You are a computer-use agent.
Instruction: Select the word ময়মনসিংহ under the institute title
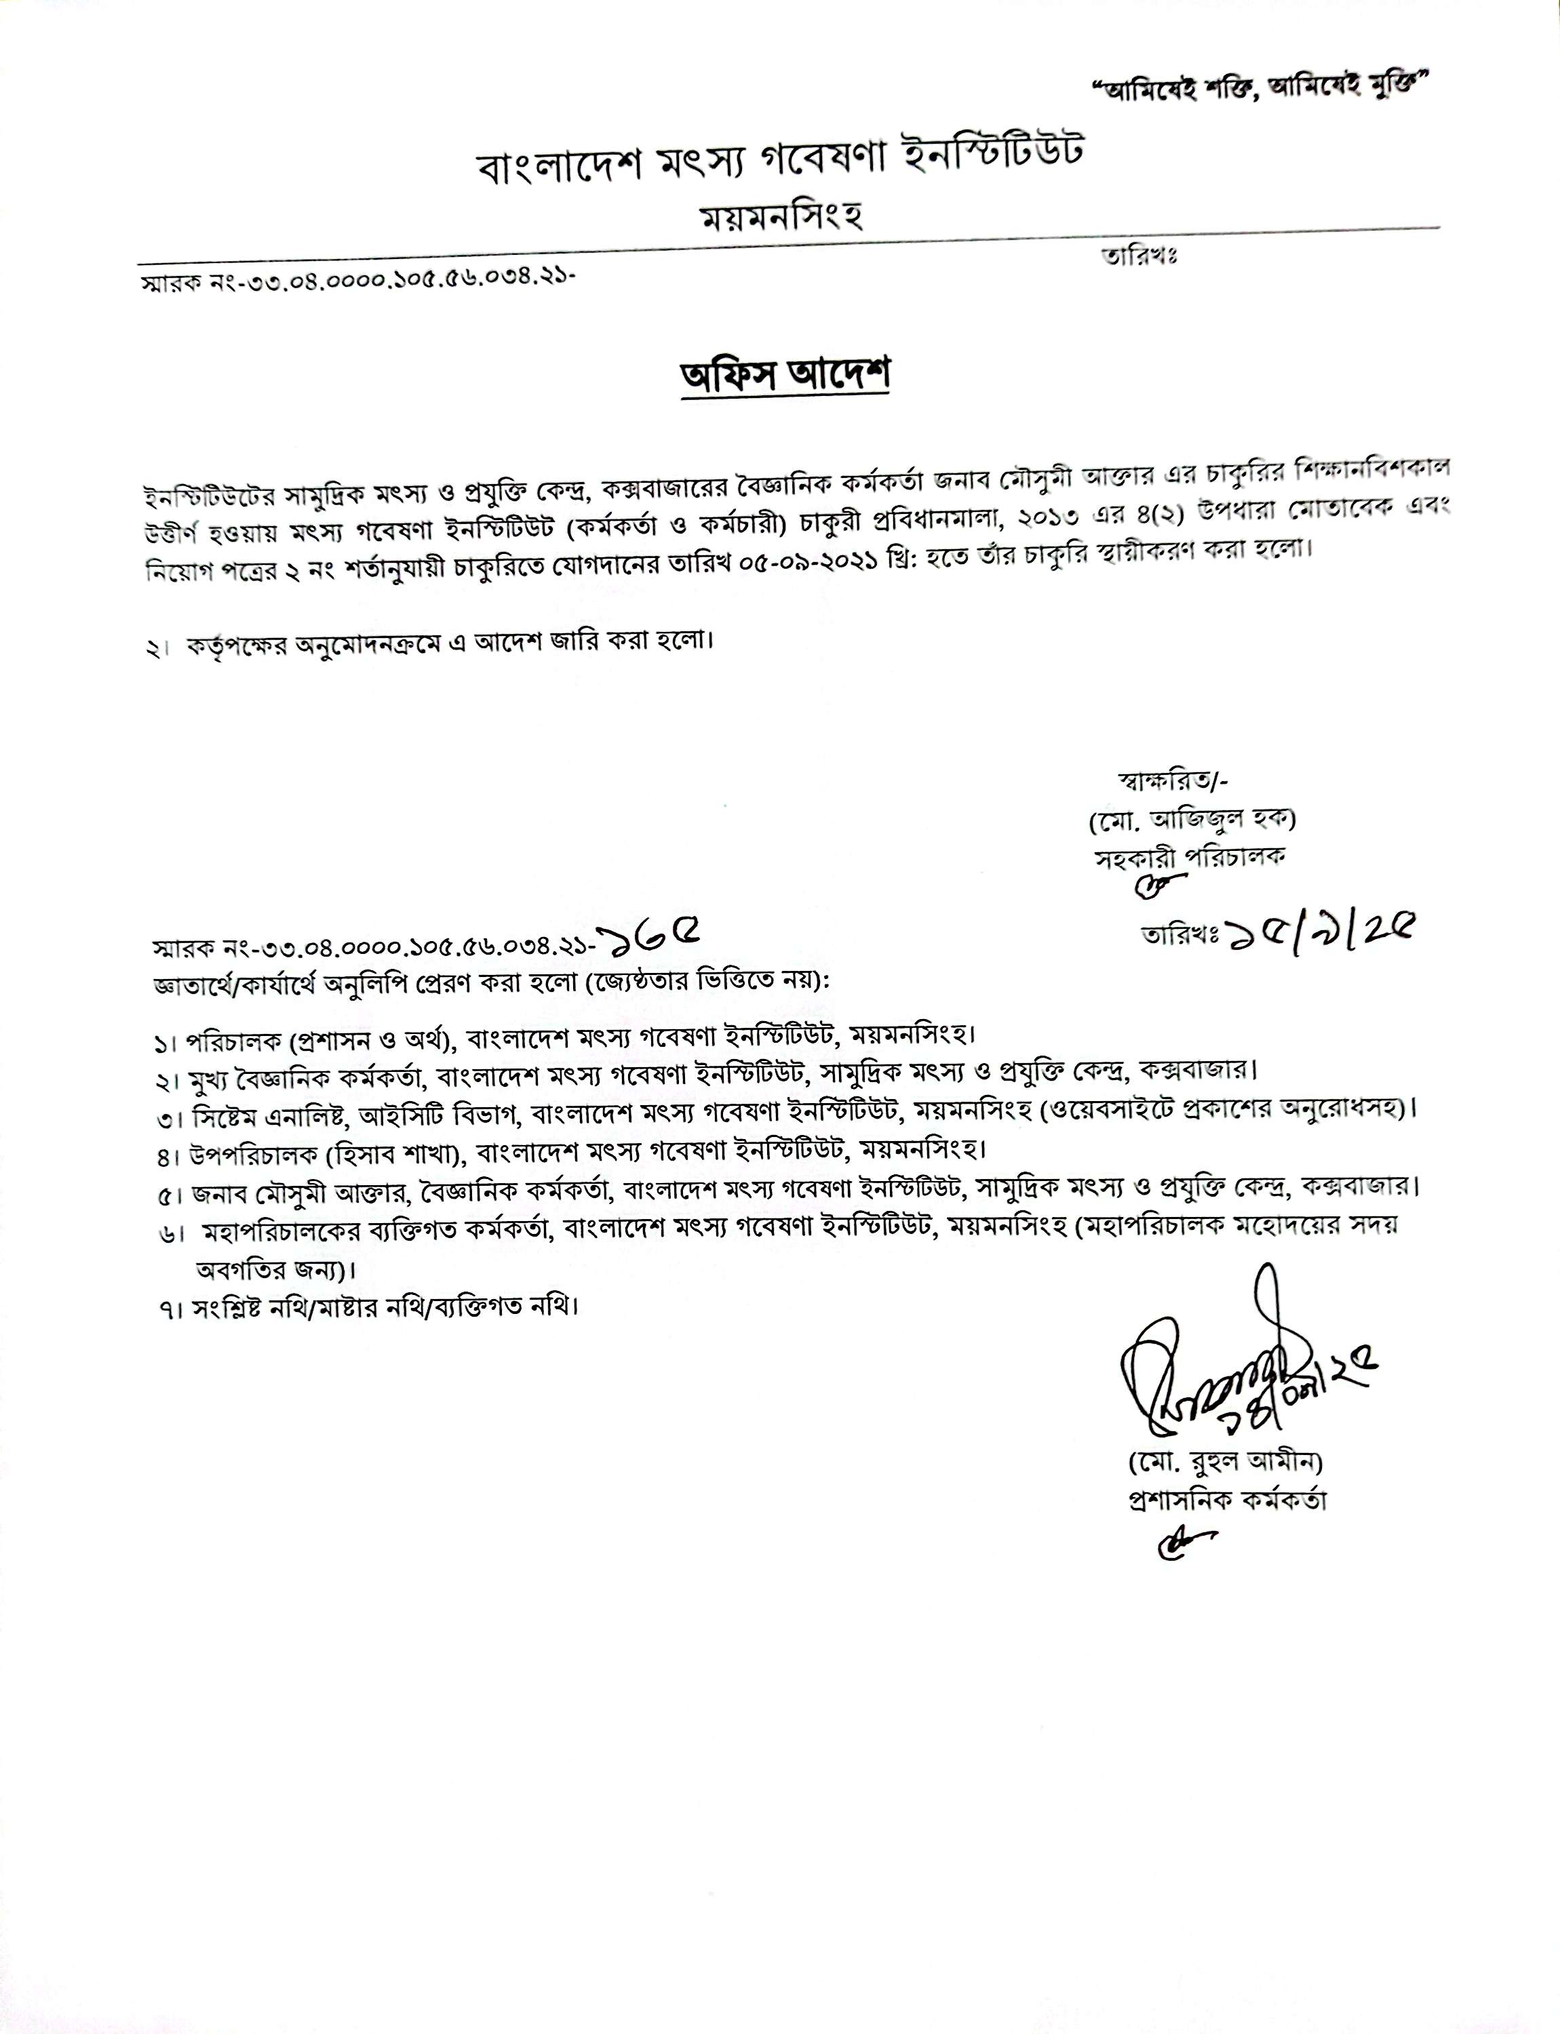point(782,216)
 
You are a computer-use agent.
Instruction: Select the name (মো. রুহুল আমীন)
point(1224,1462)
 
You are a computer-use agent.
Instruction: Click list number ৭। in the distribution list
point(168,1310)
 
